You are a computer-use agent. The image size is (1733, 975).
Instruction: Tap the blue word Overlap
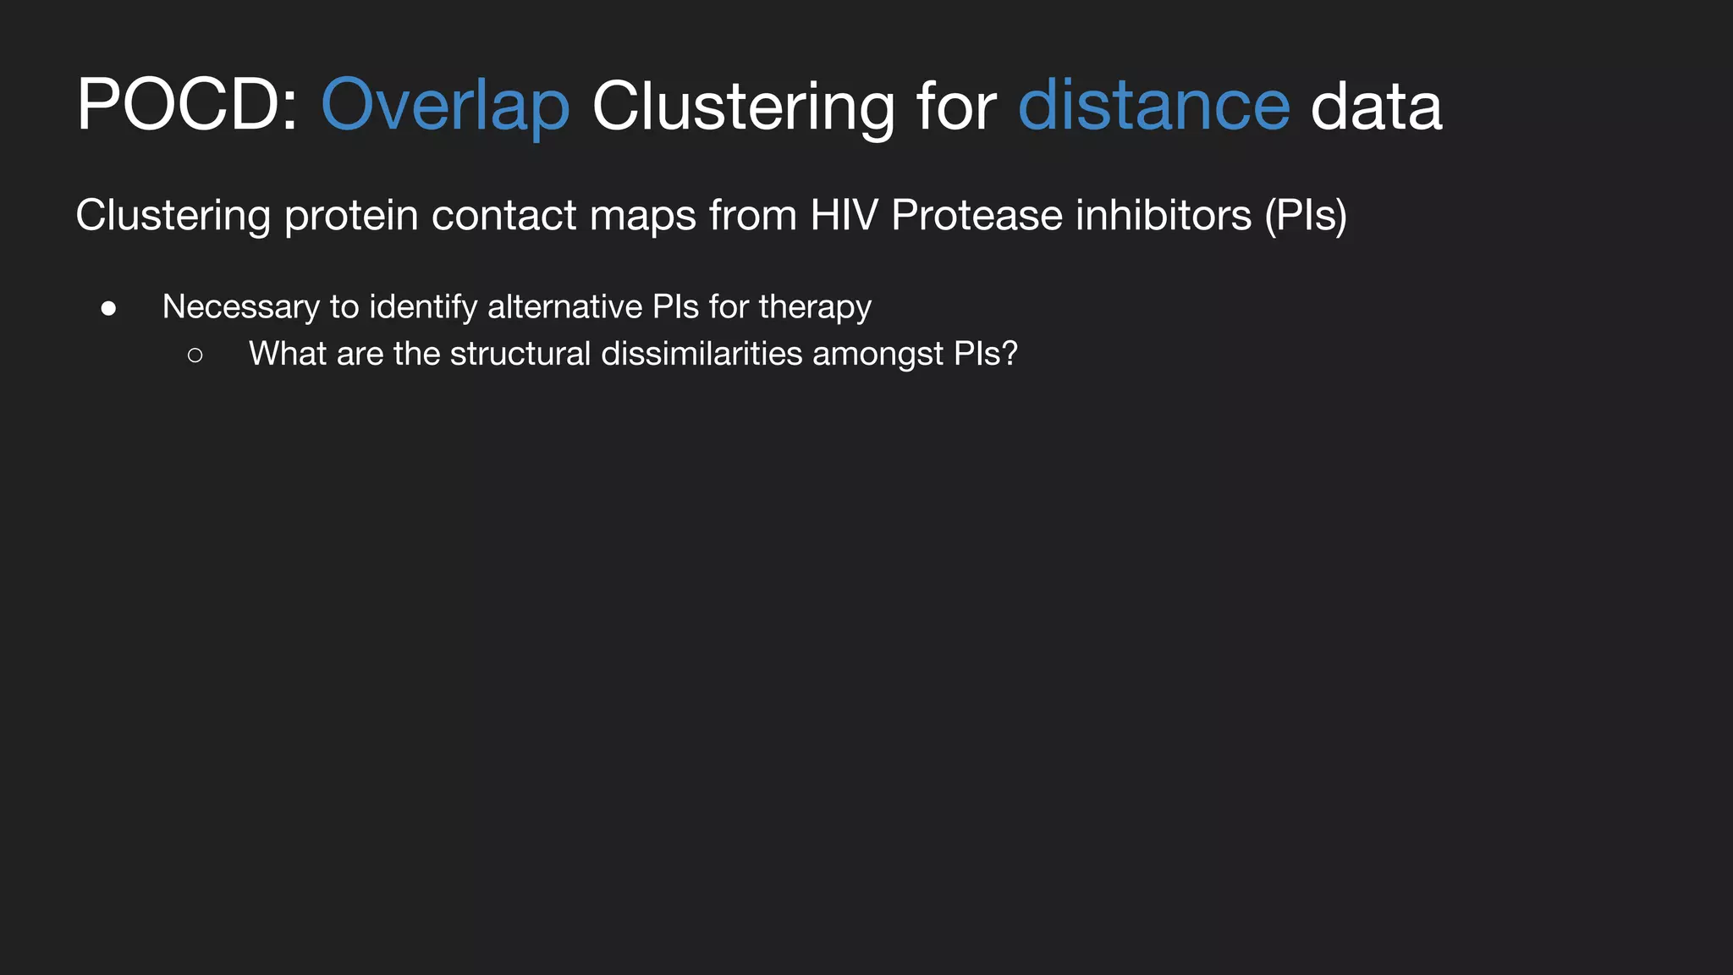click(445, 105)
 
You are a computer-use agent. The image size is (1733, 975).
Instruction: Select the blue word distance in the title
click(1153, 105)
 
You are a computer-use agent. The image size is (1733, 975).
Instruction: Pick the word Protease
click(977, 215)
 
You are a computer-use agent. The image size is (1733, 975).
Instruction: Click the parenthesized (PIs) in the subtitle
click(1306, 215)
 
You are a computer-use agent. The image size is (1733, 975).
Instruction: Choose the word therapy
click(815, 307)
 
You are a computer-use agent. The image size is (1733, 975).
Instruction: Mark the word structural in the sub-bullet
click(520, 354)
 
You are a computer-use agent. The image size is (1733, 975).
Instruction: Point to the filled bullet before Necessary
click(108, 309)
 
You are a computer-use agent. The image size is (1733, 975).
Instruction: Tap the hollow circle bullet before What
click(195, 355)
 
